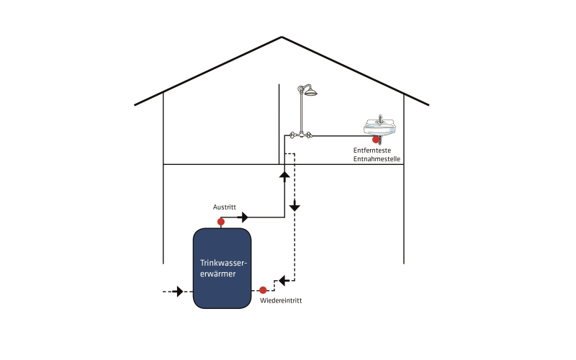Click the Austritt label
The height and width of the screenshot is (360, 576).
point(225,207)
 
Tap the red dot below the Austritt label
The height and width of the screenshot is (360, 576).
point(221,222)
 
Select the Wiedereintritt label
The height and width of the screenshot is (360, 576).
point(281,300)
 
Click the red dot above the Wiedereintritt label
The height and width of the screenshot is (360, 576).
point(263,290)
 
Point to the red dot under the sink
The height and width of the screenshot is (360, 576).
point(376,140)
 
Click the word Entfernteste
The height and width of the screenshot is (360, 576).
point(372,150)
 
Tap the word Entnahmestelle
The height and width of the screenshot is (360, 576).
point(377,159)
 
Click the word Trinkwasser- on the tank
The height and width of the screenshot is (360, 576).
point(223,263)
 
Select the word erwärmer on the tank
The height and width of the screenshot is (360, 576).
point(218,274)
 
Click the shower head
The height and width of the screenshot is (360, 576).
point(310,92)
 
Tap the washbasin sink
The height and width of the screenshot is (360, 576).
point(380,127)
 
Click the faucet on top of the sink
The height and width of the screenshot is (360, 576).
point(381,119)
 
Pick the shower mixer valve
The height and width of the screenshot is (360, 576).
point(301,135)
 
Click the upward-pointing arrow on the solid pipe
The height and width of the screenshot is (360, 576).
point(284,176)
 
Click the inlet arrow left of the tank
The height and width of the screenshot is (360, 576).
point(178,292)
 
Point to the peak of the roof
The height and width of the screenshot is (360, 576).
point(282,37)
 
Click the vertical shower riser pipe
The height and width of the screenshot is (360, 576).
point(302,112)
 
